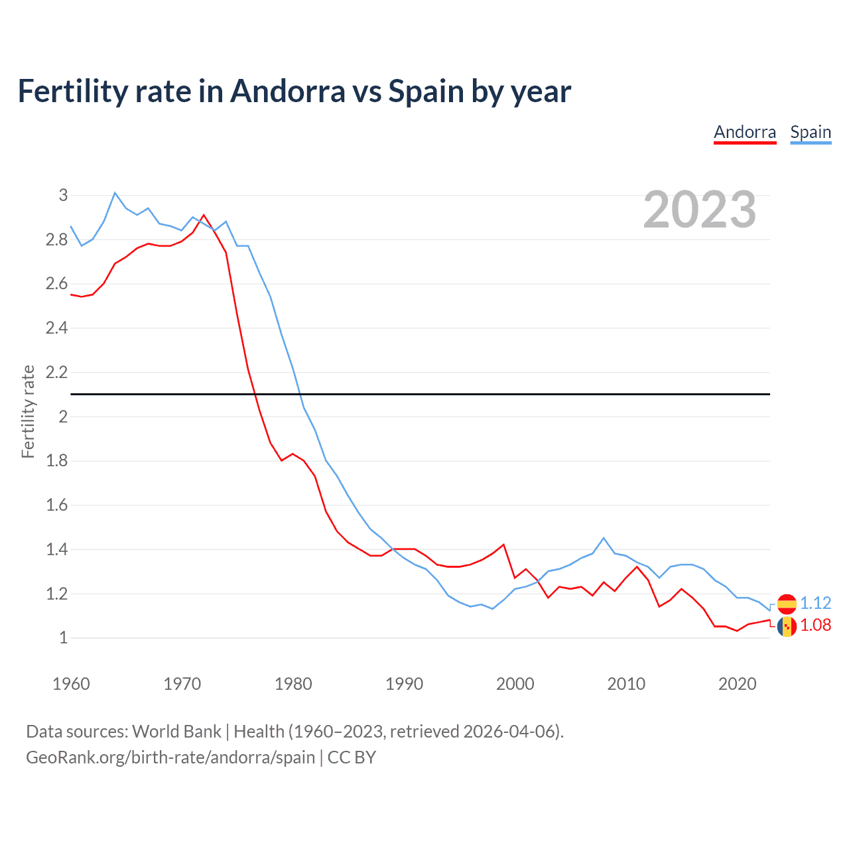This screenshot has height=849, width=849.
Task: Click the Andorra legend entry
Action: coord(745,132)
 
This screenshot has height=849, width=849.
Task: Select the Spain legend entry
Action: coord(811,132)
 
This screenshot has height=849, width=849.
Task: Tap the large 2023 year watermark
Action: coord(700,210)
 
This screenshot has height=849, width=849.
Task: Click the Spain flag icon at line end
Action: coord(787,604)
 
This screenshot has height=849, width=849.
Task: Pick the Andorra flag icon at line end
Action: coord(787,626)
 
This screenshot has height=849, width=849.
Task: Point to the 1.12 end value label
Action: coord(815,603)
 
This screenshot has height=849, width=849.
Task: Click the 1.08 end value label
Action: coord(815,625)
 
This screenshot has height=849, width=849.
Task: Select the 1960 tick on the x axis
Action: coord(71,684)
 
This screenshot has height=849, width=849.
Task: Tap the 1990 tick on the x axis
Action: coord(404,684)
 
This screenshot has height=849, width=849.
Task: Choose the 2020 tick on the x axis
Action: coord(737,684)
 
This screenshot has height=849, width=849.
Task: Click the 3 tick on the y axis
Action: coord(64,195)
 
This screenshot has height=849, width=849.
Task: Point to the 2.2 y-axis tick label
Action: coord(57,372)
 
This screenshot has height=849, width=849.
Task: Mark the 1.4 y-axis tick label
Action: coord(57,549)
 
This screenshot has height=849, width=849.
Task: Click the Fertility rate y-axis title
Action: coord(28,411)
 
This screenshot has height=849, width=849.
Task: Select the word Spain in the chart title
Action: coord(425,92)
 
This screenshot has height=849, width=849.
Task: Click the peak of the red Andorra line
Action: coord(204,215)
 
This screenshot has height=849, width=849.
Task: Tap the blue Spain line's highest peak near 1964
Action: coord(115,193)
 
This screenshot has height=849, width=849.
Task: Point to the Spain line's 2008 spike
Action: coord(603,538)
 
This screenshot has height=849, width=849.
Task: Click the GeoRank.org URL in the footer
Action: coord(170,757)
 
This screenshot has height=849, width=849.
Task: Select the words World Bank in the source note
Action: coord(176,732)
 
